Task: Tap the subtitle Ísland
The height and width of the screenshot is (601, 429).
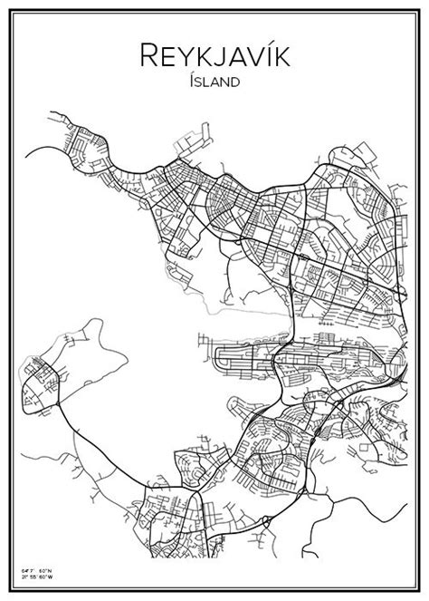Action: click(x=214, y=82)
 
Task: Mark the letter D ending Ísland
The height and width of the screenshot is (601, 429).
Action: click(x=237, y=82)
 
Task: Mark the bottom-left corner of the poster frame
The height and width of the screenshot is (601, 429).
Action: click(x=11, y=590)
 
